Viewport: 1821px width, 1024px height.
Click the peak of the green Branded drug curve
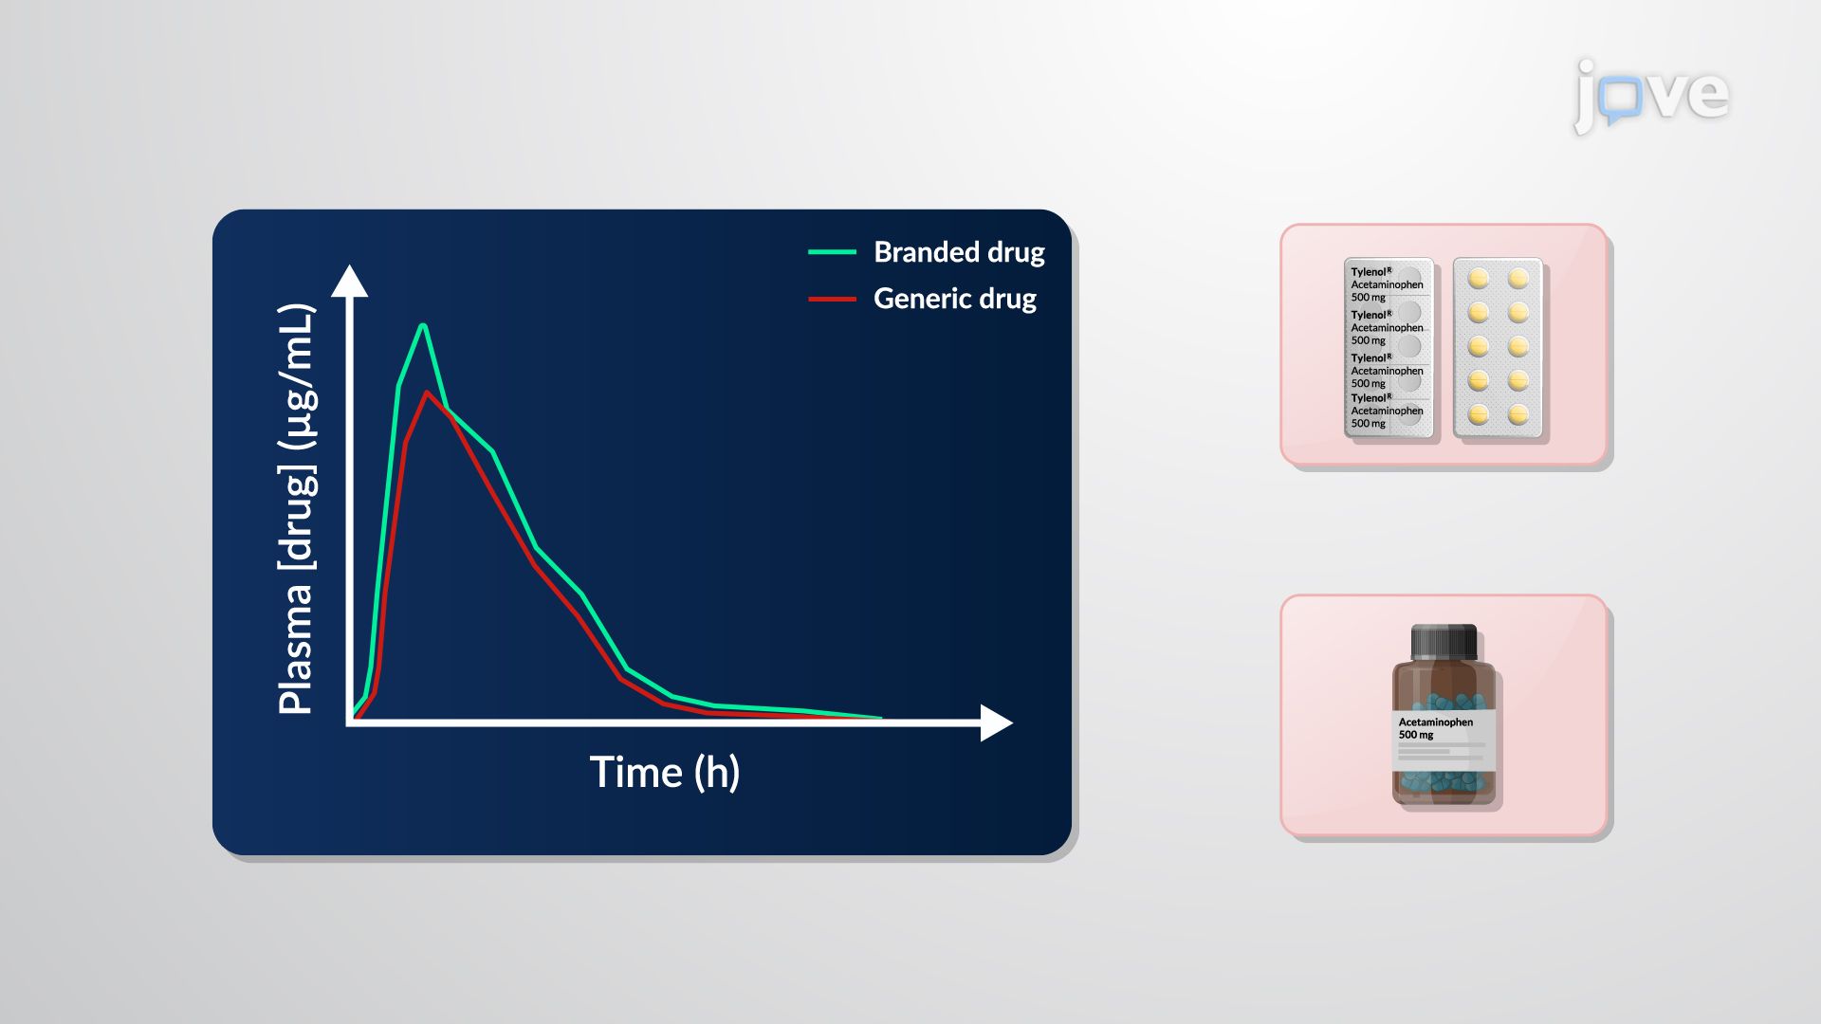point(423,327)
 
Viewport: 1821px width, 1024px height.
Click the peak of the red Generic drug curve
point(428,393)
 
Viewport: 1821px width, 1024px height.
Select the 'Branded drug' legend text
point(958,252)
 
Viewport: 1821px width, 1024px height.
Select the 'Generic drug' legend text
point(954,299)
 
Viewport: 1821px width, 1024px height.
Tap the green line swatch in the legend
point(832,252)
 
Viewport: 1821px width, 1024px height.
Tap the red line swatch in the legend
point(832,299)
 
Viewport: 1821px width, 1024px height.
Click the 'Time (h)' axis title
point(664,772)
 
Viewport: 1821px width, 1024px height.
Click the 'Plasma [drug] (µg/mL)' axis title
point(296,509)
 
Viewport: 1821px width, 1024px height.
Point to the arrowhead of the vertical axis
point(349,281)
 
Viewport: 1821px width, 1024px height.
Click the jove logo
point(1651,95)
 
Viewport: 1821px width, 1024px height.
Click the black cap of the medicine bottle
point(1444,642)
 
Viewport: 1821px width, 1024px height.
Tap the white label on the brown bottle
point(1444,741)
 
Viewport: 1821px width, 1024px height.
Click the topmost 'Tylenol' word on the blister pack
point(1370,272)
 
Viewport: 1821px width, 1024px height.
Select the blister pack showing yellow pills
point(1498,348)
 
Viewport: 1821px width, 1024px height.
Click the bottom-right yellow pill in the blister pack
point(1518,415)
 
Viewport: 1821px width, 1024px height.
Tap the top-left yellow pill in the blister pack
point(1478,279)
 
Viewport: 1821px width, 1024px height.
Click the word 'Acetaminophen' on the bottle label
point(1435,722)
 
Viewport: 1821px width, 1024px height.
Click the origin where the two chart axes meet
point(350,722)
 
